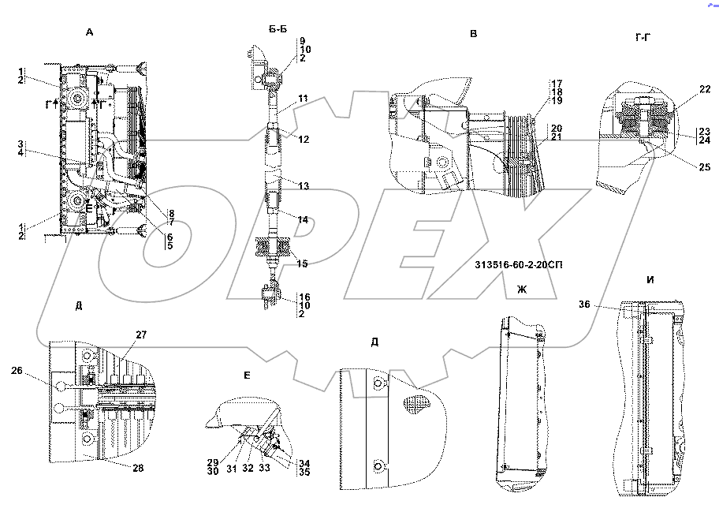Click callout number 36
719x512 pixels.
point(583,304)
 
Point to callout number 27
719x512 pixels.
point(141,335)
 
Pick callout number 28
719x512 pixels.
point(138,469)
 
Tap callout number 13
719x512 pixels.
point(304,185)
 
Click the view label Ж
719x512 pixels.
point(521,290)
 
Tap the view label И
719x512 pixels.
point(650,280)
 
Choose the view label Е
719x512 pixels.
point(247,375)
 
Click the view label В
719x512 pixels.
point(473,34)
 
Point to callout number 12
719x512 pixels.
point(304,139)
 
